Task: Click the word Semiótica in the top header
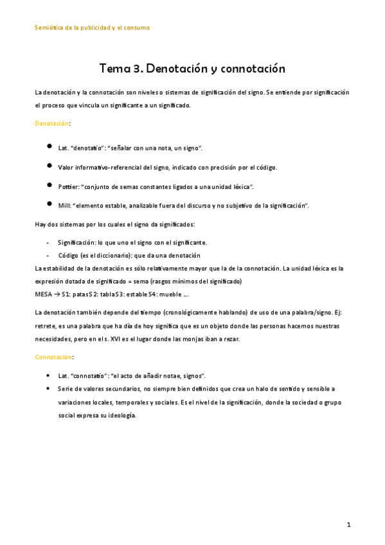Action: (x=49, y=28)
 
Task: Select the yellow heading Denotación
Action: (x=52, y=123)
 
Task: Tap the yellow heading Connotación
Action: (x=53, y=356)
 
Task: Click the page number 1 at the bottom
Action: (x=348, y=524)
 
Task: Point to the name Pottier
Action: (x=69, y=186)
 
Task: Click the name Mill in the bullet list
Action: (x=64, y=205)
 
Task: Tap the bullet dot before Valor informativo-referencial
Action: (x=49, y=166)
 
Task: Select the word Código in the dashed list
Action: (x=68, y=255)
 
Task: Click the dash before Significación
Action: (x=49, y=242)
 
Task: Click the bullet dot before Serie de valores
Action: (x=49, y=389)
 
